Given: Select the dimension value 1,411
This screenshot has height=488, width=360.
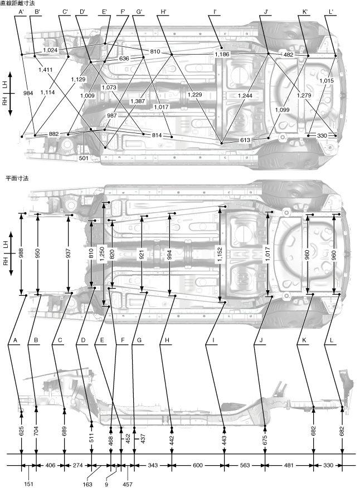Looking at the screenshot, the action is click(46, 70).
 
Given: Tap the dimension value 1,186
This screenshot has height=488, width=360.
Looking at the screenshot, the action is click(222, 55).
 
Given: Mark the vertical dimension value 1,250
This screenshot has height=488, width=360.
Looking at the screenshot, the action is click(102, 248).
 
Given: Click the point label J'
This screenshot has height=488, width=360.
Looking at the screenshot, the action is click(266, 11).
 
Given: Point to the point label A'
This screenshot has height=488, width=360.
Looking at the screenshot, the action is click(21, 11).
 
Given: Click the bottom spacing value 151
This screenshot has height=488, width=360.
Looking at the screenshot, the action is click(28, 484).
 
